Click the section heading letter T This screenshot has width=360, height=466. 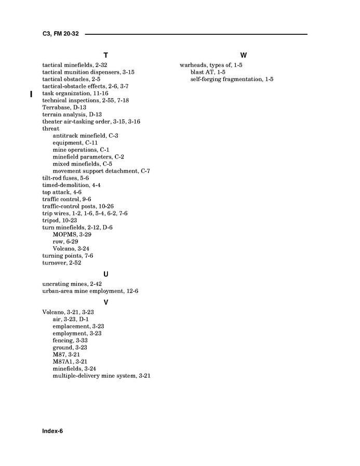(105, 55)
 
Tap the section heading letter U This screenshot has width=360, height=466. (105, 274)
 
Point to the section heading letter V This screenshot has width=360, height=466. (105, 302)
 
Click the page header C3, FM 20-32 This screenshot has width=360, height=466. (60, 34)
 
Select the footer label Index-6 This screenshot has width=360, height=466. (52, 431)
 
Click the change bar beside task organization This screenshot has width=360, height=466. (31, 94)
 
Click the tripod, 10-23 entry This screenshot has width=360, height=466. (59, 220)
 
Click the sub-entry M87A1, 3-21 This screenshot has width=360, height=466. (70, 361)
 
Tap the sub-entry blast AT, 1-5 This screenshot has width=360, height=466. (208, 72)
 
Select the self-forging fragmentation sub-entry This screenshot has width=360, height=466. (232, 79)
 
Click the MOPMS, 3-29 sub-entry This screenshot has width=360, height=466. (70, 234)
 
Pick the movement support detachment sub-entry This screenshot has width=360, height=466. (101, 171)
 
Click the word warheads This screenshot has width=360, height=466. (192, 65)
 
